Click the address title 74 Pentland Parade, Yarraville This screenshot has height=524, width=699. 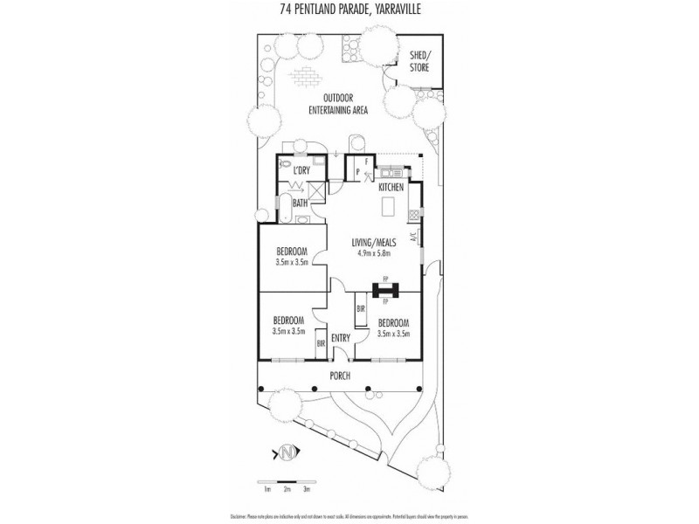(x=349, y=11)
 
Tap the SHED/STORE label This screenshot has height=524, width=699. (x=419, y=61)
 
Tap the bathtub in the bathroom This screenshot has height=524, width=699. (x=284, y=208)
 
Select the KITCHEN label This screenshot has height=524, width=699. (x=390, y=188)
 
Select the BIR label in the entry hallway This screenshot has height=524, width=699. (x=360, y=309)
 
